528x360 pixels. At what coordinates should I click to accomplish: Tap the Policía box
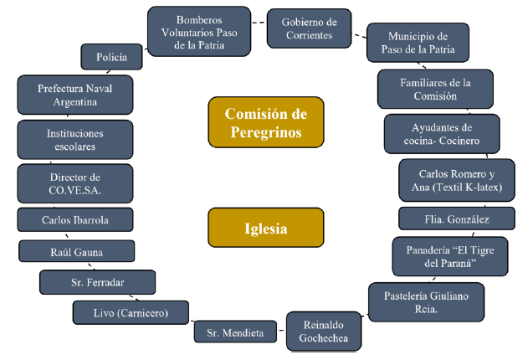click(112, 58)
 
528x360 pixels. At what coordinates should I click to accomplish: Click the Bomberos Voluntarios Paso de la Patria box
click(199, 31)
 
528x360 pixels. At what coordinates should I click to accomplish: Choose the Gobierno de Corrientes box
click(308, 28)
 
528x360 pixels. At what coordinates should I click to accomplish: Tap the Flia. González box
click(456, 219)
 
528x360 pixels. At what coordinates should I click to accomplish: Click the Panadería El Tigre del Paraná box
click(449, 256)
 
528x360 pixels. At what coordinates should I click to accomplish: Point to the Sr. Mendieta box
click(235, 332)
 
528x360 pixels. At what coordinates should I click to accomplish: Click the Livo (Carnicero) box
click(131, 313)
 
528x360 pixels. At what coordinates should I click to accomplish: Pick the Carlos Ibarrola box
click(75, 220)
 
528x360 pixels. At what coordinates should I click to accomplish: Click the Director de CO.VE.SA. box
click(75, 183)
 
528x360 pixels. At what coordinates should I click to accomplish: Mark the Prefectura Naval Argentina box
click(75, 95)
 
